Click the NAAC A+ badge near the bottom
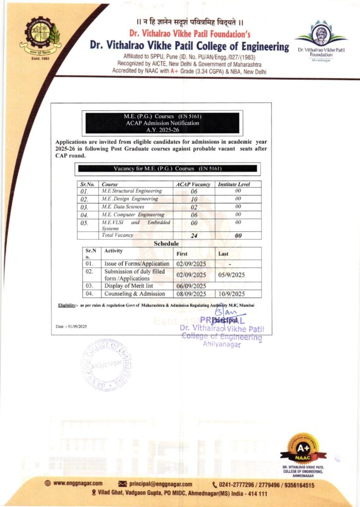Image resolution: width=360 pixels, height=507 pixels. click(x=303, y=448)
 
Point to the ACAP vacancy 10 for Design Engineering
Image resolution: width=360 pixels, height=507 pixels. click(x=194, y=199)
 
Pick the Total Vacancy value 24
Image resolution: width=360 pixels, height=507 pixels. click(x=194, y=236)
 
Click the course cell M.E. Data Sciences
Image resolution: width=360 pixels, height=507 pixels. click(x=123, y=207)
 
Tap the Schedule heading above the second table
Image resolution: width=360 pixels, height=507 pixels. click(x=166, y=244)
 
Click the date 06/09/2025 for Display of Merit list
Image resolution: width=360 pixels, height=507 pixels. click(x=191, y=286)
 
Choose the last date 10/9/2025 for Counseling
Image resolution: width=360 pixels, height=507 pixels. click(x=232, y=293)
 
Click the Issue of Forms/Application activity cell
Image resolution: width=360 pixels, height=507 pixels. click(x=137, y=264)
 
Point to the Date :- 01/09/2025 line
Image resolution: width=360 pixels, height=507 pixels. click(x=71, y=326)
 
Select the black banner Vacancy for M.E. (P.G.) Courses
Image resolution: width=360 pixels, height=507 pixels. click(x=166, y=168)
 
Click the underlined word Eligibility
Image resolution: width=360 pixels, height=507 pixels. click(x=67, y=305)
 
